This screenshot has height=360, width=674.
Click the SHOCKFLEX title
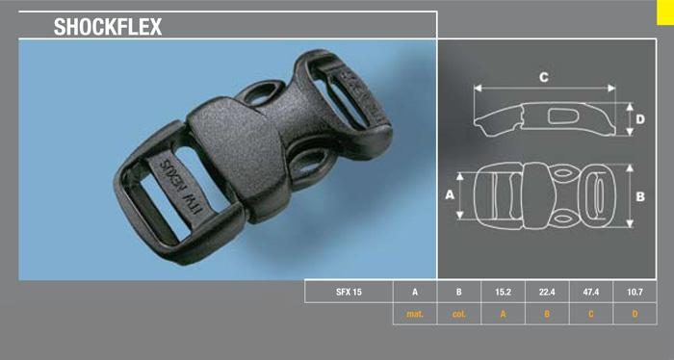click(x=108, y=27)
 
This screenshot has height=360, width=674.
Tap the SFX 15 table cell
click(x=349, y=292)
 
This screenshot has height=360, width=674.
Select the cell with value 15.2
click(x=503, y=292)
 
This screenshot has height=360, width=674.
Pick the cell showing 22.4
click(x=547, y=292)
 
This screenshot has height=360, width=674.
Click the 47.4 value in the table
click(x=590, y=292)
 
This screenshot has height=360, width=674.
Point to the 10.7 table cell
click(x=635, y=292)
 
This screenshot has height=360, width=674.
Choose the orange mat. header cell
click(x=415, y=314)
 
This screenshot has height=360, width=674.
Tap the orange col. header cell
click(x=458, y=314)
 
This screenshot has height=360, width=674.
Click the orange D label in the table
click(x=635, y=314)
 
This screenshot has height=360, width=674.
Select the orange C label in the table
click(x=590, y=314)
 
